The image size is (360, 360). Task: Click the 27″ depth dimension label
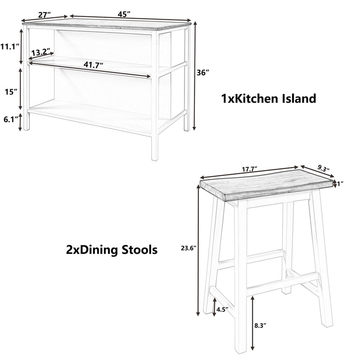44,14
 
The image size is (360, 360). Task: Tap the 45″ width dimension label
124,14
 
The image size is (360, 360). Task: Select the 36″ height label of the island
203,73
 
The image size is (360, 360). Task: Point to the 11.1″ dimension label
9,46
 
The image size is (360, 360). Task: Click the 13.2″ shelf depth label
41,52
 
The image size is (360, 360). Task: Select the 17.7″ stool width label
248,169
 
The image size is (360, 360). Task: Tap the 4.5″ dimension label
223,309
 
